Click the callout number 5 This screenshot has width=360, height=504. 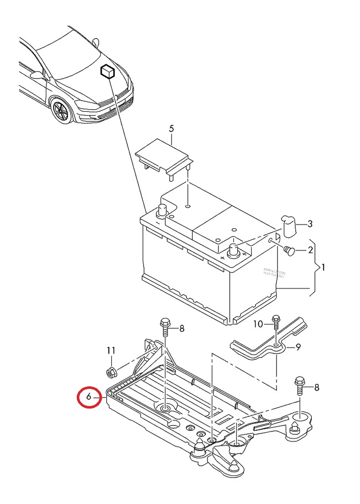tap(171, 129)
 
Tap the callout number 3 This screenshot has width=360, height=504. tap(310, 224)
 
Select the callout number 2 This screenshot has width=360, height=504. tap(310, 251)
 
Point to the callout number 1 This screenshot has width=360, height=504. tap(323, 267)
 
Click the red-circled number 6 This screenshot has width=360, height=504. tap(89, 396)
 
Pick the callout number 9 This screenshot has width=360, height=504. tap(298, 347)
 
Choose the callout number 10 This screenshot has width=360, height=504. tap(258, 324)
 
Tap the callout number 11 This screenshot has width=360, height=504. tap(111, 350)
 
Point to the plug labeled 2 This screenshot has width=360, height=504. tap(289, 251)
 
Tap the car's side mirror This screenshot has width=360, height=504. tap(37, 76)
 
